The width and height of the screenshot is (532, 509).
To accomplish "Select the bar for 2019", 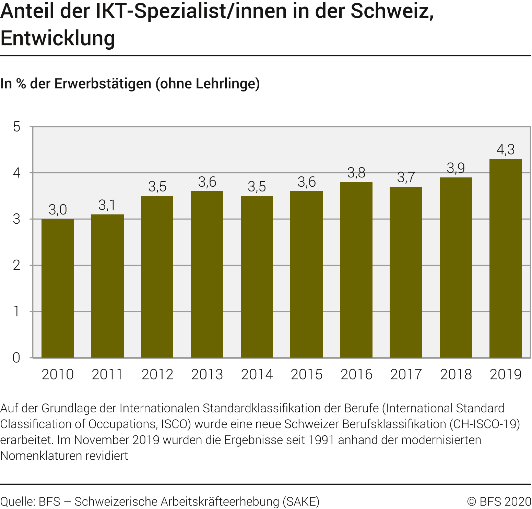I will click(x=505, y=258).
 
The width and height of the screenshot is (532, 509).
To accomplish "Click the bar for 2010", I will click(x=58, y=288).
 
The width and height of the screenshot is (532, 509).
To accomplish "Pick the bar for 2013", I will click(x=207, y=274).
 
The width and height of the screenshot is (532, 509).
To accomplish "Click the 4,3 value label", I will click(x=506, y=150).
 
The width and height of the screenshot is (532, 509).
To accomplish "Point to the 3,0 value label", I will click(x=58, y=210).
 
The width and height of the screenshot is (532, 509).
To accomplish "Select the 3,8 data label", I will click(x=356, y=173).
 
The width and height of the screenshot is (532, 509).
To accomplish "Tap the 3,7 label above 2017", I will click(x=406, y=177).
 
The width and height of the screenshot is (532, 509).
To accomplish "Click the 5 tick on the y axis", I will click(x=16, y=127).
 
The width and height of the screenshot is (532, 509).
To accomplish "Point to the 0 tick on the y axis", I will click(x=16, y=358).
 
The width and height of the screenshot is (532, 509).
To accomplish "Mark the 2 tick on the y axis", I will click(x=16, y=265).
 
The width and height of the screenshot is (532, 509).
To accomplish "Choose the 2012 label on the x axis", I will click(x=157, y=374).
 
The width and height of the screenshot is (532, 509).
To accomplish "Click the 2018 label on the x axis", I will click(x=456, y=374).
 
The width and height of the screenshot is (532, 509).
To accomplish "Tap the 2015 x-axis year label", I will click(x=306, y=374).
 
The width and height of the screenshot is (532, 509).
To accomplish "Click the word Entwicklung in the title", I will click(x=58, y=38).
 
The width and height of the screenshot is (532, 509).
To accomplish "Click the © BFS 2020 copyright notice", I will click(x=499, y=501).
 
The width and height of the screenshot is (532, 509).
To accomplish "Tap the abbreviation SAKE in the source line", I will click(x=301, y=501).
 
